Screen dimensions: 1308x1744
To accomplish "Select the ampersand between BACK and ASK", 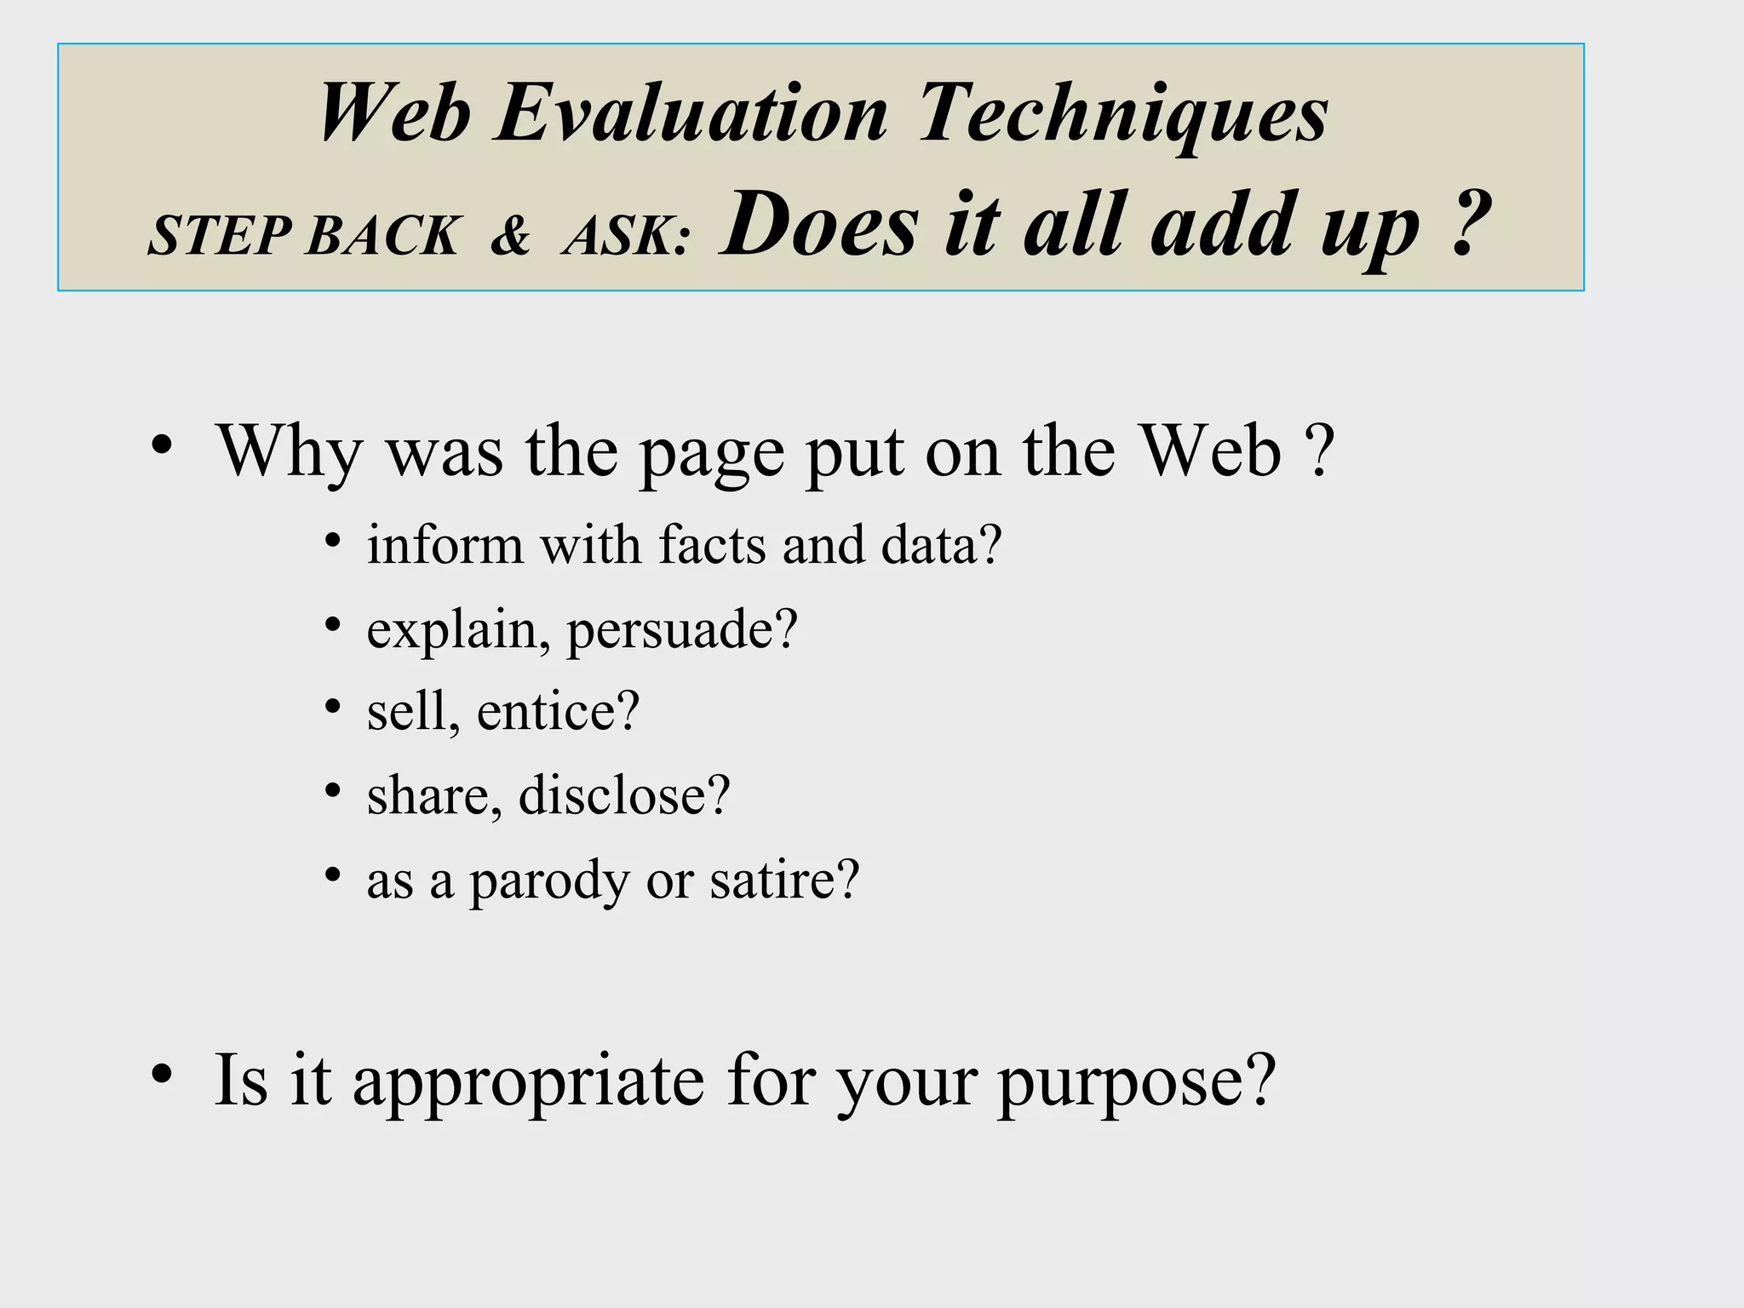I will point(510,236).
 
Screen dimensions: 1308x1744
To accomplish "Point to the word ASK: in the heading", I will point(626,236).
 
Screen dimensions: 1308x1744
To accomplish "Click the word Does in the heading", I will point(819,225).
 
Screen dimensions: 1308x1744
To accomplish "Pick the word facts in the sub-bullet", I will point(712,544).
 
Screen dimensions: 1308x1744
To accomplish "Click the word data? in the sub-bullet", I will point(941,544).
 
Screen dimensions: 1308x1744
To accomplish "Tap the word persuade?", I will point(682,630).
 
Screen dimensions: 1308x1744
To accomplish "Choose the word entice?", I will point(558,712).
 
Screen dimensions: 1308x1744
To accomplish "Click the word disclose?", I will point(624,795).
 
